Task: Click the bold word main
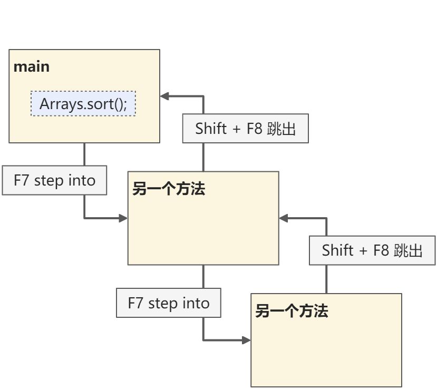(x=32, y=67)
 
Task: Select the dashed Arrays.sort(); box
(x=83, y=103)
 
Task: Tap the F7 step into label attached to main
(x=54, y=180)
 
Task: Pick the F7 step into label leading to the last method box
(x=169, y=303)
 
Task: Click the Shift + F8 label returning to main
(x=246, y=129)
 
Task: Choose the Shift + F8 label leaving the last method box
(x=372, y=250)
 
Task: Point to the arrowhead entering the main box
(x=164, y=96)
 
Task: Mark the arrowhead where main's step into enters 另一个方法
(x=123, y=218)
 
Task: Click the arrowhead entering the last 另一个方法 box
(x=246, y=340)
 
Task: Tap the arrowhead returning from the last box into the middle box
(x=284, y=218)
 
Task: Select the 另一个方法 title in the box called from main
(x=169, y=189)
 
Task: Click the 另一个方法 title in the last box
(x=292, y=310)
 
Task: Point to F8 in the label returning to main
(x=255, y=129)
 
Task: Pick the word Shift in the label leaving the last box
(x=337, y=250)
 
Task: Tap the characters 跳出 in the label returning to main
(x=281, y=129)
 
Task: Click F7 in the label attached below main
(x=21, y=180)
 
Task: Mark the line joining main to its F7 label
(x=84, y=154)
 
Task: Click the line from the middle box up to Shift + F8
(x=203, y=157)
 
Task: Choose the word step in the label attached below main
(x=48, y=181)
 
